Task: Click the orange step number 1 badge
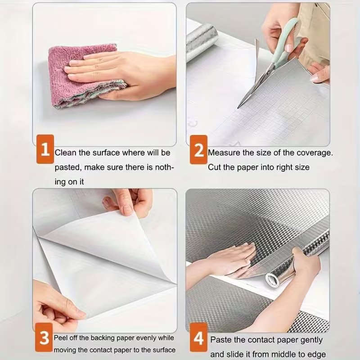click(45, 149)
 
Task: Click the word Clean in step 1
click(66, 153)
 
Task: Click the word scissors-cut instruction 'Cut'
click(214, 167)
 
